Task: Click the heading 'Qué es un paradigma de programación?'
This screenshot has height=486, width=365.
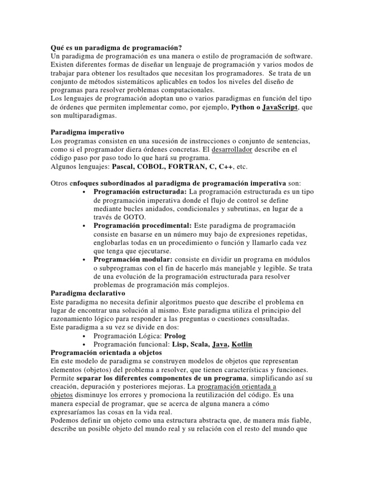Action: coord(116,47)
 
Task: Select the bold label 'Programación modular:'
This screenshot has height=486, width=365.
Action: coord(134,260)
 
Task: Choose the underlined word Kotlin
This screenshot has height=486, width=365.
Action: coord(241,345)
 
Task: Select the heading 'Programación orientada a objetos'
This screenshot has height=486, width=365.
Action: coord(106,353)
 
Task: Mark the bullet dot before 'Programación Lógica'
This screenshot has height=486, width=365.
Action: coord(84,336)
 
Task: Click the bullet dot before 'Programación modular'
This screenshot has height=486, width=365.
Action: coord(84,260)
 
